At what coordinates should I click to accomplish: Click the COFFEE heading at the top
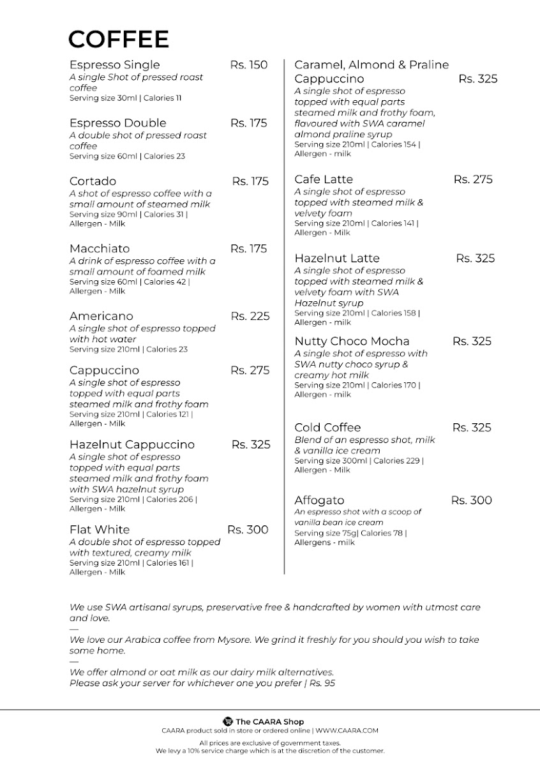click(119, 40)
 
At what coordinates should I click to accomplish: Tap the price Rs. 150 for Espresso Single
click(248, 65)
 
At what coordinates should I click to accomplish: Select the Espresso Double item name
click(117, 123)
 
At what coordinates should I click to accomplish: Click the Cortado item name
click(93, 181)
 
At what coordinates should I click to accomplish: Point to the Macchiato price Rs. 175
click(248, 249)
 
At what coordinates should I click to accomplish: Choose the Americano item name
click(101, 317)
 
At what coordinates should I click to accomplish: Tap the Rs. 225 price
click(250, 317)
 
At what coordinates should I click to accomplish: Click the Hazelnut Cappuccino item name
click(131, 445)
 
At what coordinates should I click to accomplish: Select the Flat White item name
click(99, 530)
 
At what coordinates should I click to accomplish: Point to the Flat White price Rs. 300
click(248, 530)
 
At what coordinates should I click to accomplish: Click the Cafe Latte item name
click(323, 179)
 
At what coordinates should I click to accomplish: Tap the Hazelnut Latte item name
click(336, 259)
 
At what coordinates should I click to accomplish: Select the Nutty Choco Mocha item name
click(352, 342)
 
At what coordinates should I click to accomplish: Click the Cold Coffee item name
click(327, 428)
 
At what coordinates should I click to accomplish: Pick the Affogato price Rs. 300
click(471, 500)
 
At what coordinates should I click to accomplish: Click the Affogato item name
click(319, 500)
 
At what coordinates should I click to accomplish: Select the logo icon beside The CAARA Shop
click(227, 721)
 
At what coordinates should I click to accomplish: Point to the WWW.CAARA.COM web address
click(347, 730)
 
